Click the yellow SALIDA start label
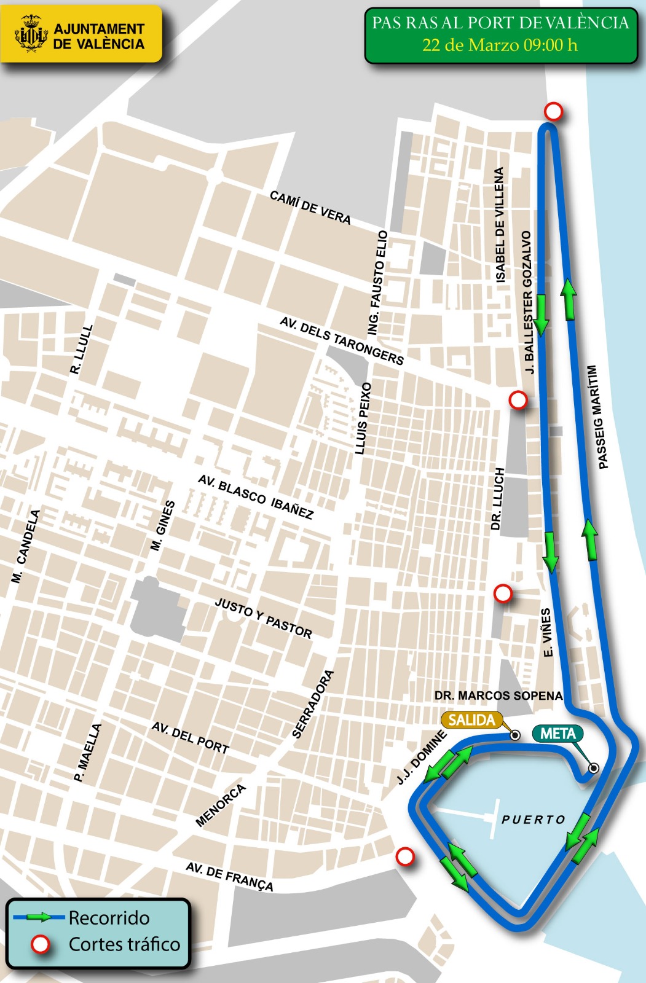[471, 720]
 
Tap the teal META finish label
[557, 734]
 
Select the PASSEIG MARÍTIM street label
[598, 417]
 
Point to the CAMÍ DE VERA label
[310, 208]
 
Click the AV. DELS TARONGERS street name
[342, 340]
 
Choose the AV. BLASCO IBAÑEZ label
[256, 497]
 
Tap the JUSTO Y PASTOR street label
[263, 617]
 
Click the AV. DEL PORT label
[191, 738]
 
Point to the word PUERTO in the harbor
[534, 820]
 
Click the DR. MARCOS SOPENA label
[498, 695]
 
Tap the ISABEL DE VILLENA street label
[500, 225]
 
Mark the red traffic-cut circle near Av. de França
[404, 856]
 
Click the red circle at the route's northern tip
[554, 112]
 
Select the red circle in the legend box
[41, 944]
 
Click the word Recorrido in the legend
[109, 918]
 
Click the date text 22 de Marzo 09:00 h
[500, 45]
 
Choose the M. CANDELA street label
[26, 546]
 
